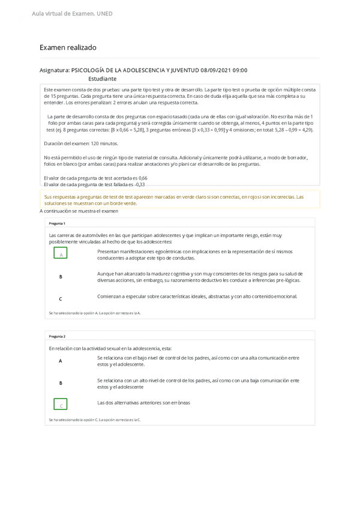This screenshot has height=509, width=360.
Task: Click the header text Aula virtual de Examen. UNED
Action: [72, 14]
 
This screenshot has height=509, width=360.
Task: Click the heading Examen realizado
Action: [68, 47]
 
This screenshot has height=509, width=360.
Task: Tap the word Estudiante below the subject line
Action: [102, 79]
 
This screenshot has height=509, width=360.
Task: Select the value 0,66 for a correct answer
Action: [142, 178]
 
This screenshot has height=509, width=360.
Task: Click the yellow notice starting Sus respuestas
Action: [180, 200]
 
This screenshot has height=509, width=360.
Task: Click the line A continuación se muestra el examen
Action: [79, 211]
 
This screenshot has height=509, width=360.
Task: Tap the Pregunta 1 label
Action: [58, 223]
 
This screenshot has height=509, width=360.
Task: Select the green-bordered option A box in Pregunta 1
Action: [61, 254]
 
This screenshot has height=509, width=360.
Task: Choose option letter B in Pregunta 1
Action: [61, 277]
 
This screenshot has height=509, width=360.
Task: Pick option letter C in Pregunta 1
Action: [61, 298]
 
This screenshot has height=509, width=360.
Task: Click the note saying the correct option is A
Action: [94, 313]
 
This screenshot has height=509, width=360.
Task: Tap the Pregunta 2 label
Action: [58, 336]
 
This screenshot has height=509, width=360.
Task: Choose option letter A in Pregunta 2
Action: [61, 361]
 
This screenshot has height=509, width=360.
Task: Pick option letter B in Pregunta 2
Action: [61, 383]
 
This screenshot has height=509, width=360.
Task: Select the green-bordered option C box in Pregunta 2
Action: [61, 405]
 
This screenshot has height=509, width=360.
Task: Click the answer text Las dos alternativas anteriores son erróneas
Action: [143, 403]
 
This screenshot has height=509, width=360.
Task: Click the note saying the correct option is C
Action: [94, 420]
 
